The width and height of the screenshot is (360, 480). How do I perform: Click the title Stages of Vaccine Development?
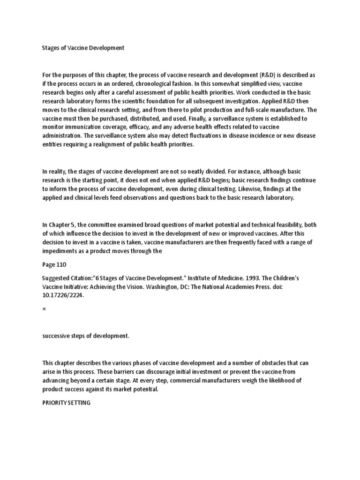click(x=83, y=48)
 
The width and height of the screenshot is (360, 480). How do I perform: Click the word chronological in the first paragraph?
click(x=161, y=83)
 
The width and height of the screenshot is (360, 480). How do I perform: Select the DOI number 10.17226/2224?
click(x=63, y=296)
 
